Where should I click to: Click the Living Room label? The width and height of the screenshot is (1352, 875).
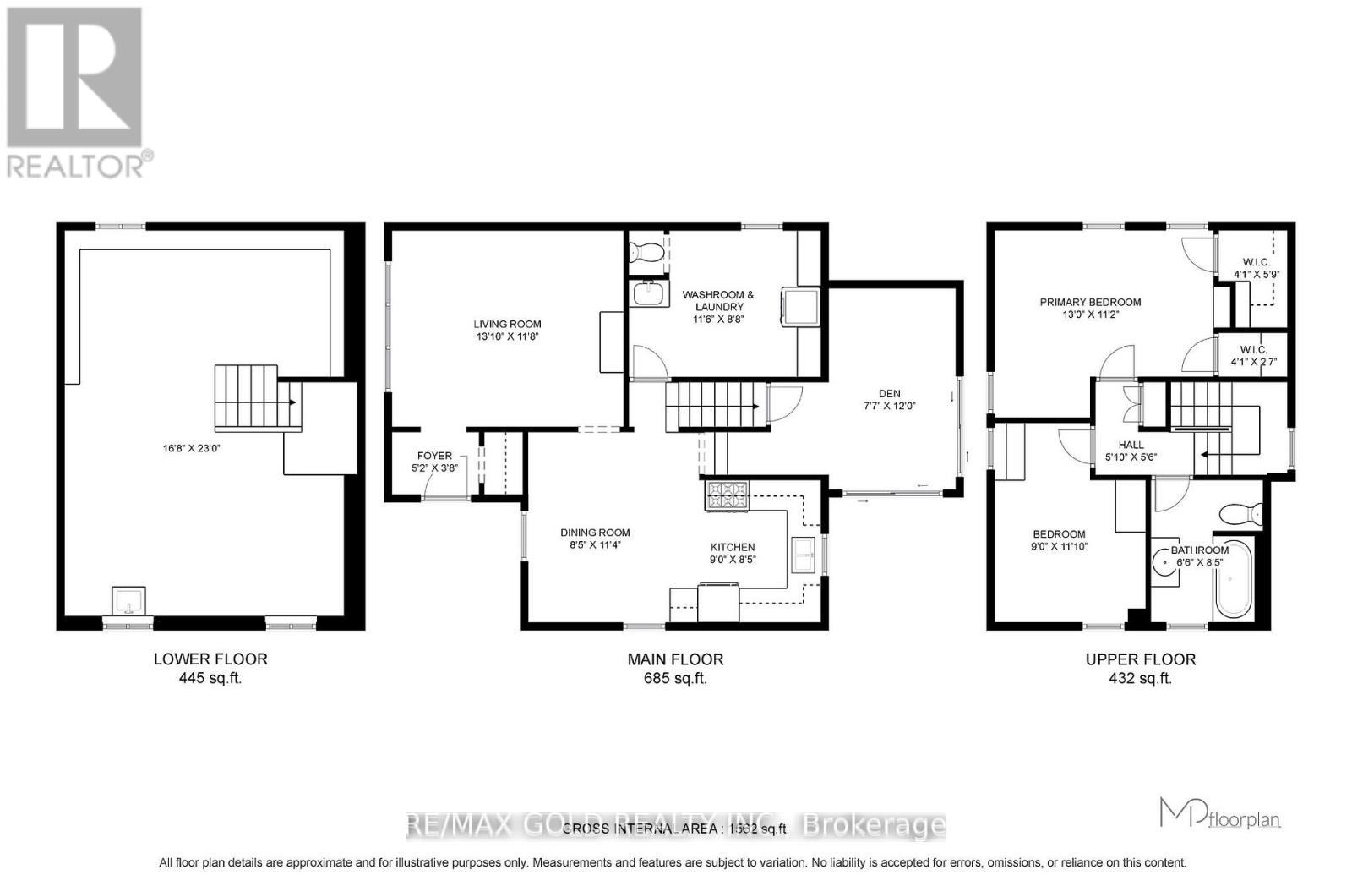[507, 324]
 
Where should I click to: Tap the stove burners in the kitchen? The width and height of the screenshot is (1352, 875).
[726, 495]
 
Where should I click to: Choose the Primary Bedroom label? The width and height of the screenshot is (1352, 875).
[1090, 302]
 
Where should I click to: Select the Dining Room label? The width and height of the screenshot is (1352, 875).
[595, 533]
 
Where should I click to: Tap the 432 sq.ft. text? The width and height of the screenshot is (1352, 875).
[1140, 678]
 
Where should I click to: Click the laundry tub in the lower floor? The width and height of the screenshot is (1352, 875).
[128, 602]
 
